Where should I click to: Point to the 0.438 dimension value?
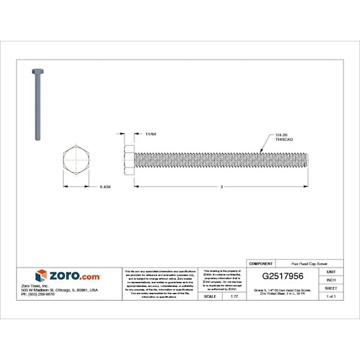point(105,187)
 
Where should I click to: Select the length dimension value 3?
point(222,187)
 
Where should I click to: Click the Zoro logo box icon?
point(41,276)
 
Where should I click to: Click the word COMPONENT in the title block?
point(261,264)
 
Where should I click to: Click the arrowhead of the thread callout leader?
point(261,153)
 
